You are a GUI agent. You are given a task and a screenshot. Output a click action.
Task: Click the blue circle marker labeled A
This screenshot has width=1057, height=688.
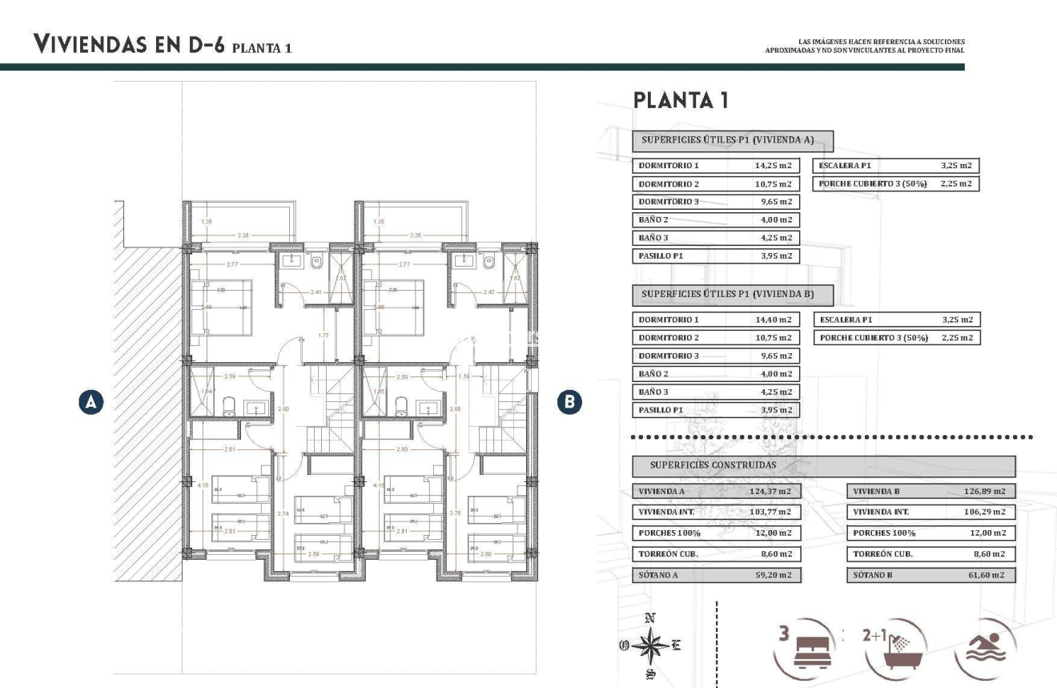pos(92,402)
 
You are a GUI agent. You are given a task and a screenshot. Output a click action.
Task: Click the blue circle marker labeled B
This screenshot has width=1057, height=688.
pos(569,402)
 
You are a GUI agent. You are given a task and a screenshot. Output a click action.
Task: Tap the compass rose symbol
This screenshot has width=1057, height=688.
pos(653,645)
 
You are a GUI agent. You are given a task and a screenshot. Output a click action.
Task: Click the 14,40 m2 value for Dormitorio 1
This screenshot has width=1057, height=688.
pos(773,320)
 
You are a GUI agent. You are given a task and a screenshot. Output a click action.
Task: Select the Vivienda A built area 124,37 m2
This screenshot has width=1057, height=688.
pos(773,492)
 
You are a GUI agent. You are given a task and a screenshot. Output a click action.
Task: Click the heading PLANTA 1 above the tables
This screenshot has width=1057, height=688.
pos(680,101)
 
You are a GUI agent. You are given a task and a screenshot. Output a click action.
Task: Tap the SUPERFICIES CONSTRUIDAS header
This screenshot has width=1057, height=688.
pos(713,465)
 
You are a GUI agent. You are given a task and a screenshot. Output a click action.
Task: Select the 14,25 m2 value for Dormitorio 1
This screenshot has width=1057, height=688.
pos(773,166)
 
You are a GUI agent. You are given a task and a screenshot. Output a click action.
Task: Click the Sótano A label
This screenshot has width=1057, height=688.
pos(661,575)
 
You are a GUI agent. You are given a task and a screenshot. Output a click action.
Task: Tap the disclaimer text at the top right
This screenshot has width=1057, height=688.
pos(865,46)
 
